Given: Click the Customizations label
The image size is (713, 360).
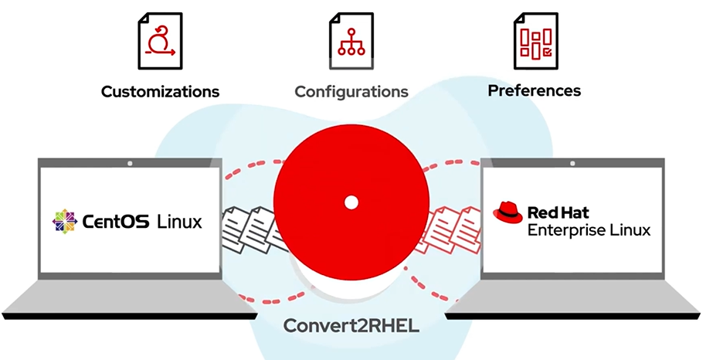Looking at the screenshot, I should pyautogui.click(x=160, y=92).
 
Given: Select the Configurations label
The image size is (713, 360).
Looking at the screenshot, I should pyautogui.click(x=351, y=92).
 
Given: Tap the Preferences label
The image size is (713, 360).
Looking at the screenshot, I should pyautogui.click(x=534, y=90).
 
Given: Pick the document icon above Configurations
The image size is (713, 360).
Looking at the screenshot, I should pyautogui.click(x=351, y=41).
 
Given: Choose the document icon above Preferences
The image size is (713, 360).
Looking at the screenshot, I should pyautogui.click(x=535, y=41).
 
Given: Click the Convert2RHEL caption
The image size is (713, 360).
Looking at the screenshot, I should pyautogui.click(x=351, y=324).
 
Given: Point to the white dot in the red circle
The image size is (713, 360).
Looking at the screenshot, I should pyautogui.click(x=351, y=202).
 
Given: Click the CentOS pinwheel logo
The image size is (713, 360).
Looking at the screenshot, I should pyautogui.click(x=65, y=222).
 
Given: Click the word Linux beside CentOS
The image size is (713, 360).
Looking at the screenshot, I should pyautogui.click(x=179, y=222).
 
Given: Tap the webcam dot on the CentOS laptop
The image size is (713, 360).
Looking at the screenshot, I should pyautogui.click(x=129, y=165).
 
